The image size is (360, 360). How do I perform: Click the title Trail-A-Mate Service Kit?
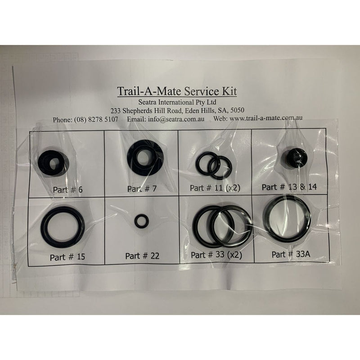(176, 91)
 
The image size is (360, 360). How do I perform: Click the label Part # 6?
(67, 189)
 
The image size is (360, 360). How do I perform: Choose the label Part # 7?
(142, 189)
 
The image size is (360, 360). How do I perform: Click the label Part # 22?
(142, 256)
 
